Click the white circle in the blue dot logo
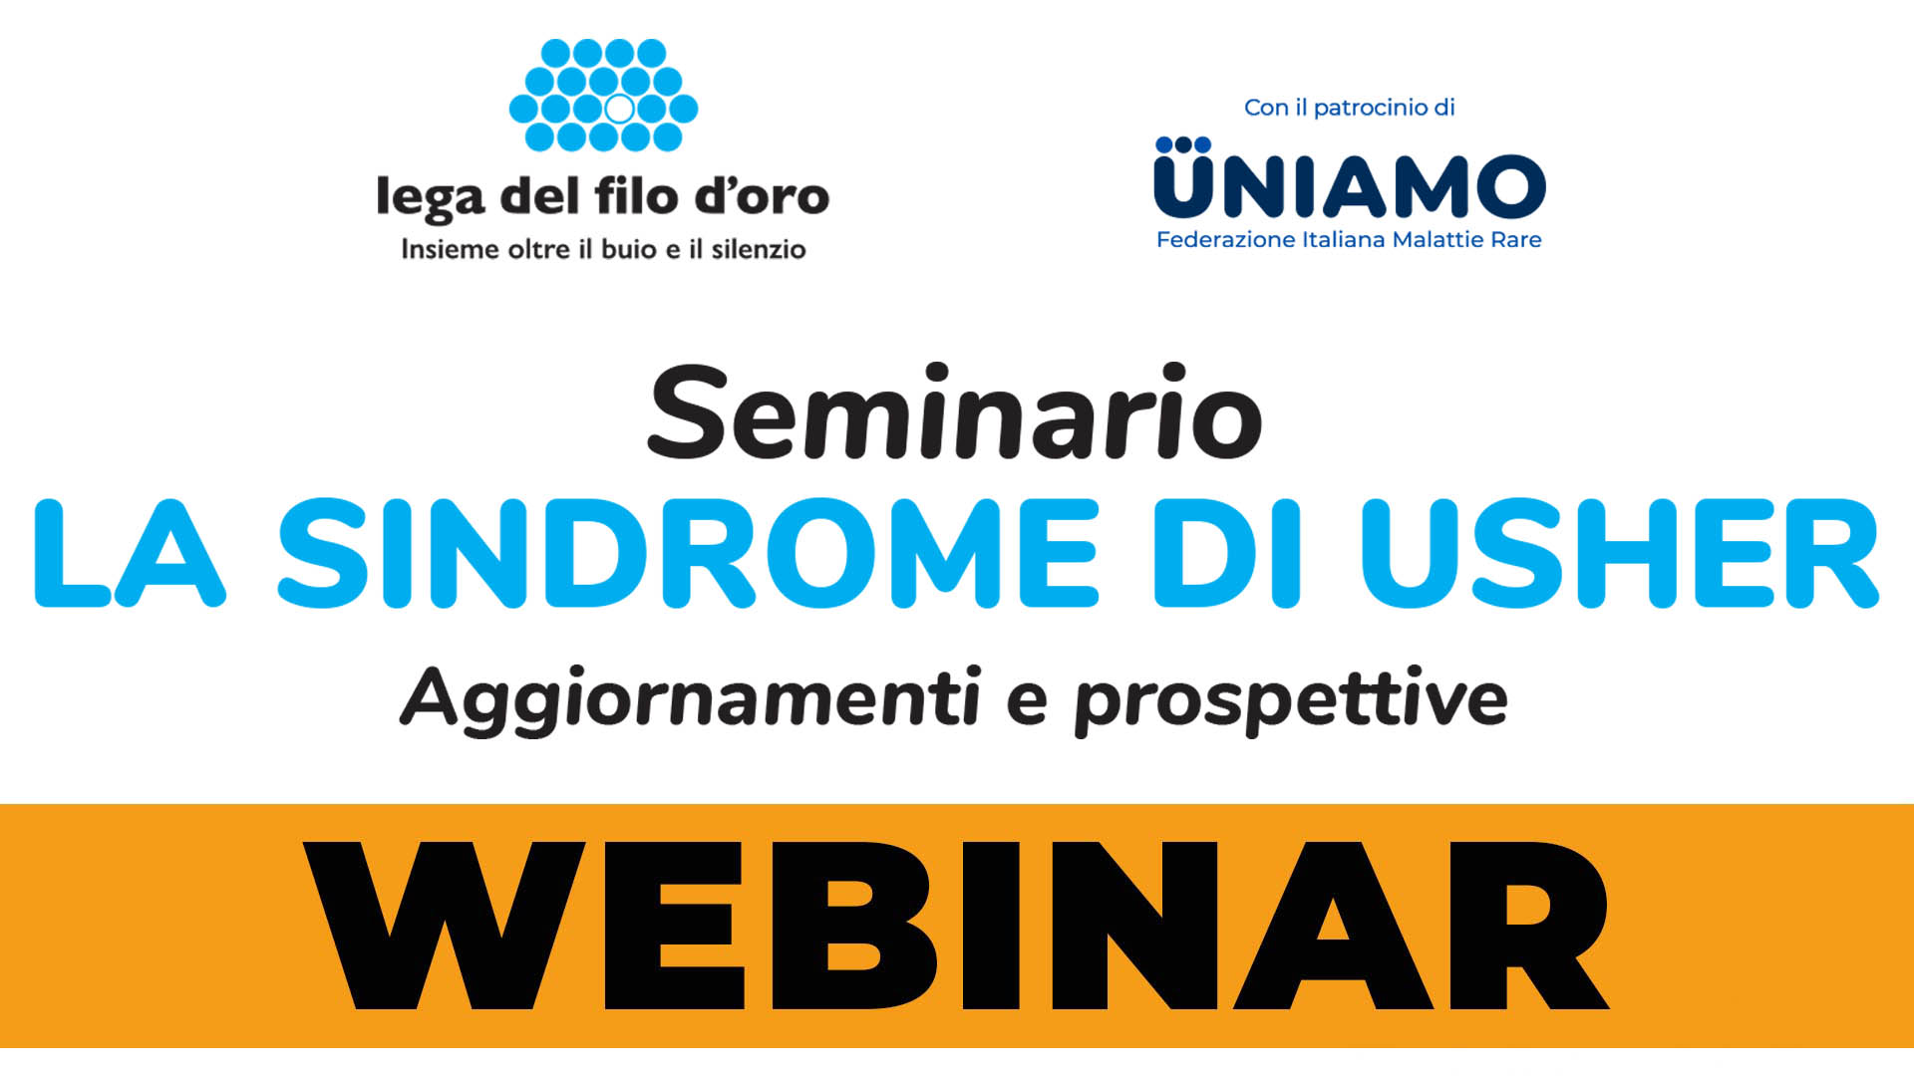(619, 109)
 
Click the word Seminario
(955, 413)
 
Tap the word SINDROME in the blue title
(688, 554)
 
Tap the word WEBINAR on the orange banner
(955, 925)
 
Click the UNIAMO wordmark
(1350, 186)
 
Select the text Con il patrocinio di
(1349, 108)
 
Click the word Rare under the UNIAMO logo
(1515, 240)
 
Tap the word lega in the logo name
(431, 198)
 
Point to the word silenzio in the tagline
(758, 249)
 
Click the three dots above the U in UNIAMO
(1183, 145)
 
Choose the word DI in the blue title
(1226, 554)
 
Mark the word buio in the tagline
(628, 249)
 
